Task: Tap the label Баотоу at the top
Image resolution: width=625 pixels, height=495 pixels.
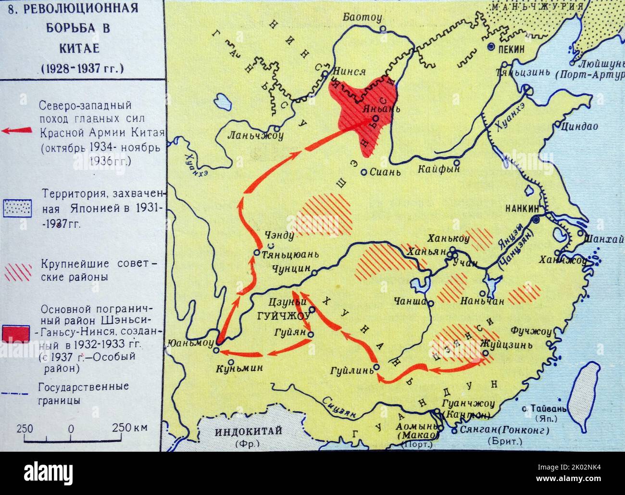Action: (362, 17)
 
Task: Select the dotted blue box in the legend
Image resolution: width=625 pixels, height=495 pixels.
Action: (17, 208)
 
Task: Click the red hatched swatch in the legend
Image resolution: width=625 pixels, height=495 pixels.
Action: (17, 271)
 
